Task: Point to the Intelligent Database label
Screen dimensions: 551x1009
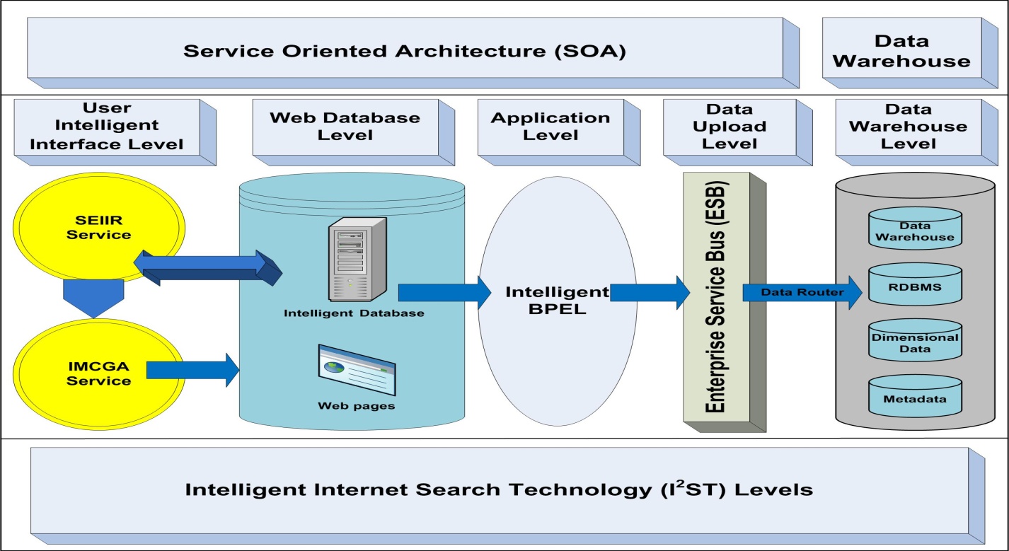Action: coord(354,313)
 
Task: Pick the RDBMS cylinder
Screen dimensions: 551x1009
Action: coord(915,282)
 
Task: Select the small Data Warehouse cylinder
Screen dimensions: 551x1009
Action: coord(915,228)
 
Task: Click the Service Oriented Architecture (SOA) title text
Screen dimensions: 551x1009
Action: coord(405,52)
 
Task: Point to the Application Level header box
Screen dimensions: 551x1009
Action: coord(550,127)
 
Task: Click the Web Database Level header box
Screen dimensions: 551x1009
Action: coord(345,127)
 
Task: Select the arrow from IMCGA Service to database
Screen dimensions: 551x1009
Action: coord(192,369)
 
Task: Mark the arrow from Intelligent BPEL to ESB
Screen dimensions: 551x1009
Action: coord(649,292)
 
